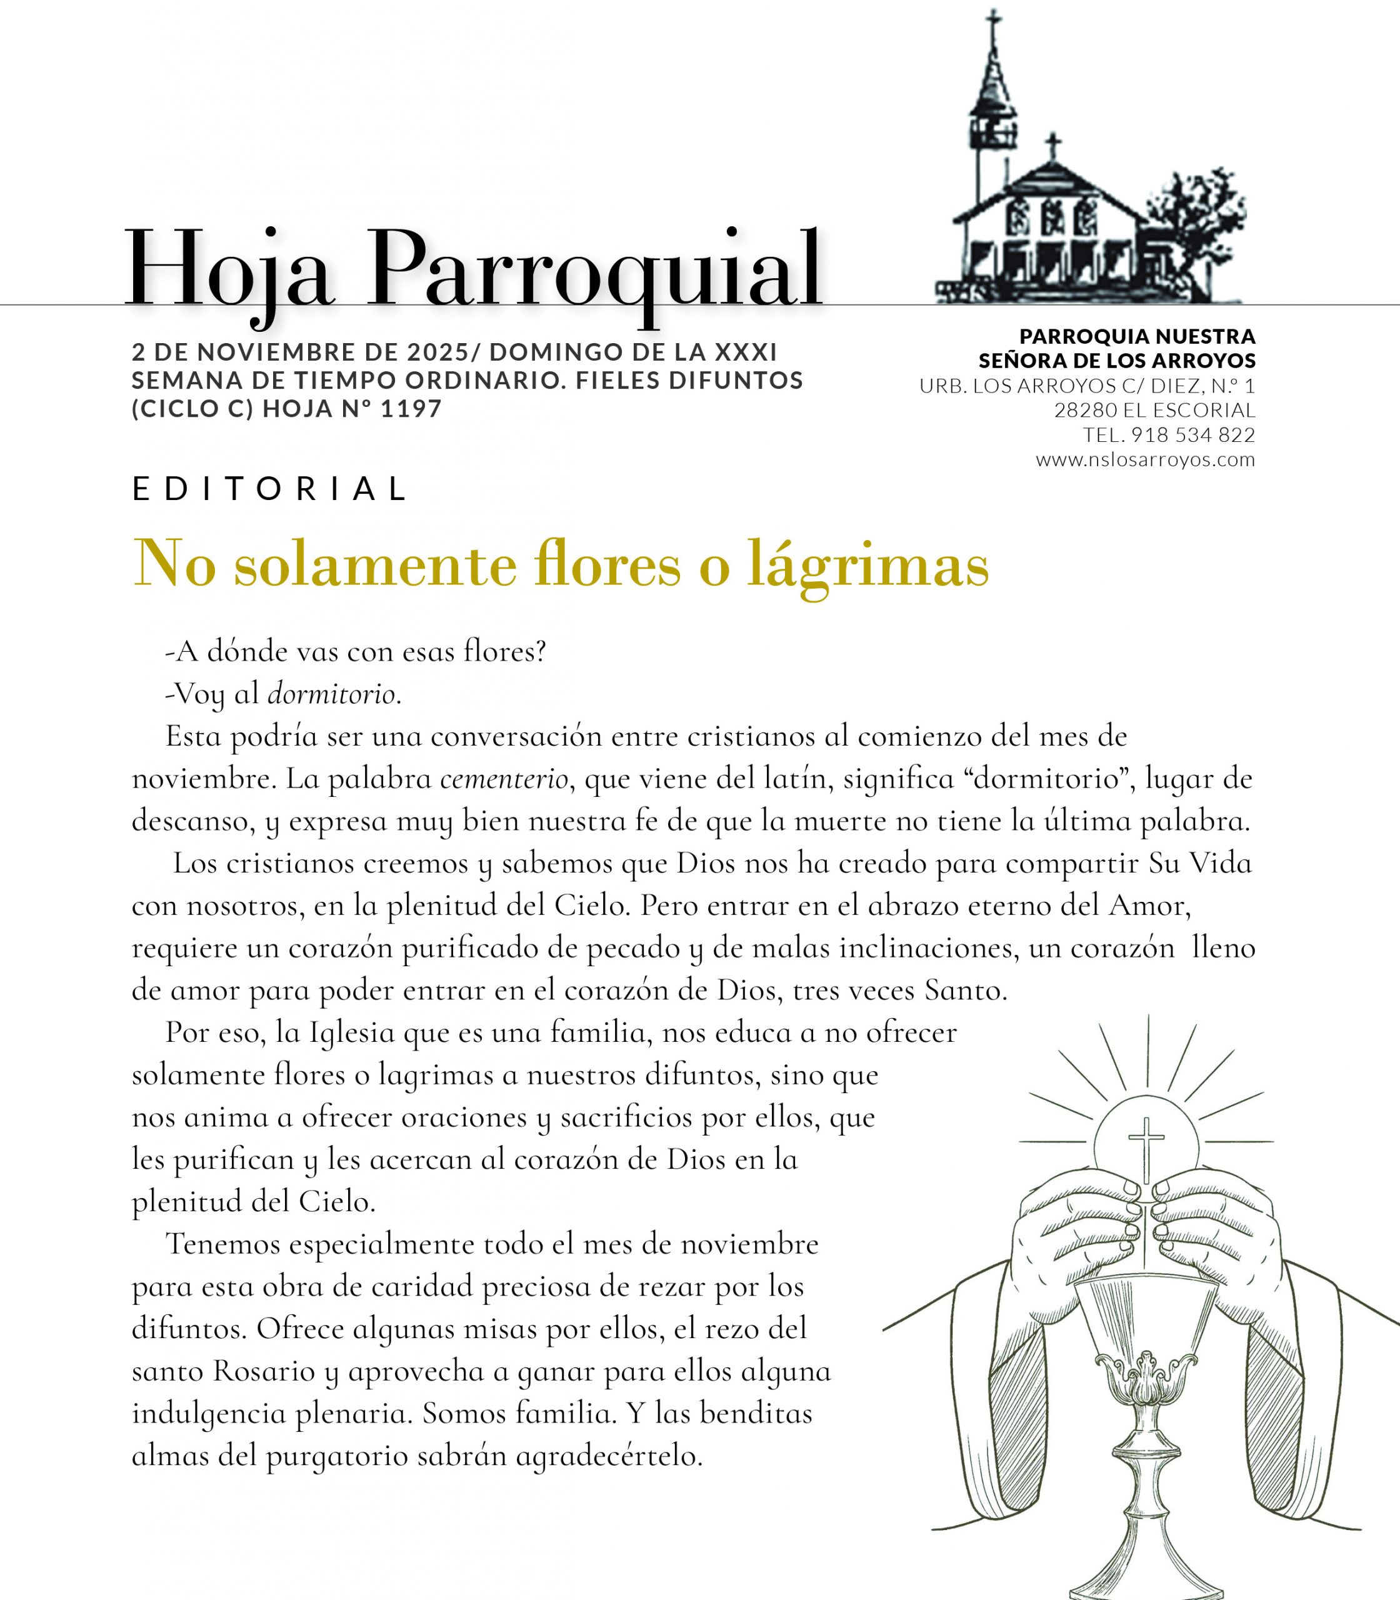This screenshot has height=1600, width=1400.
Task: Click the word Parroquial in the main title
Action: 594,269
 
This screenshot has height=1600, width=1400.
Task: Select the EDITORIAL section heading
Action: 269,489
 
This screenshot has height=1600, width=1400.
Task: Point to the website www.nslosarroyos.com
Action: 1145,459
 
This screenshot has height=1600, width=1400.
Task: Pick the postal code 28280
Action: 1085,410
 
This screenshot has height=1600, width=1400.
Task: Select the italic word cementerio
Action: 504,779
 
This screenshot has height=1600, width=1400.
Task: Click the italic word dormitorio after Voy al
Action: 331,694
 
